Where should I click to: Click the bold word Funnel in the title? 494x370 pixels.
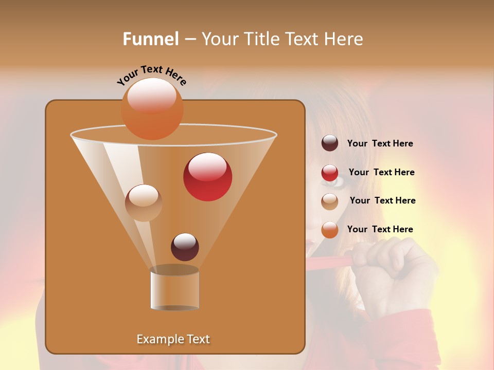click(x=151, y=39)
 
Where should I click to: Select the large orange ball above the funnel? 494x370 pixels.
click(x=152, y=108)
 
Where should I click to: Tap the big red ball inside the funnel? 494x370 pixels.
click(x=207, y=177)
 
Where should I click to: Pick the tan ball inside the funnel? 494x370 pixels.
click(x=144, y=203)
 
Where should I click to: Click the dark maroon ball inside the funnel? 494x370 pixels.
click(x=185, y=247)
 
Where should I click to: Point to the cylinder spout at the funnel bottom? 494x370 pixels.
click(x=174, y=289)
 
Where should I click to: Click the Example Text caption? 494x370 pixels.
click(x=173, y=339)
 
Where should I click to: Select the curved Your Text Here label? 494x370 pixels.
click(x=152, y=75)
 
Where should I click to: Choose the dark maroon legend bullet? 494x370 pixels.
click(x=330, y=143)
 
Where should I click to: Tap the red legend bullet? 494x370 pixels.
click(x=330, y=173)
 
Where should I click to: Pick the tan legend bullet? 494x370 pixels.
click(x=330, y=201)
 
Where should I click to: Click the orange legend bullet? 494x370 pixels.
click(x=330, y=230)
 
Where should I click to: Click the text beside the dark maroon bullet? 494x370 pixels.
click(x=380, y=143)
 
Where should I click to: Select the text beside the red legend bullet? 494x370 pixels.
click(x=381, y=172)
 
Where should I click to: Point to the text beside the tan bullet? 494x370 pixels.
click(x=382, y=200)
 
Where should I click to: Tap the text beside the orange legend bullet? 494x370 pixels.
click(x=380, y=229)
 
